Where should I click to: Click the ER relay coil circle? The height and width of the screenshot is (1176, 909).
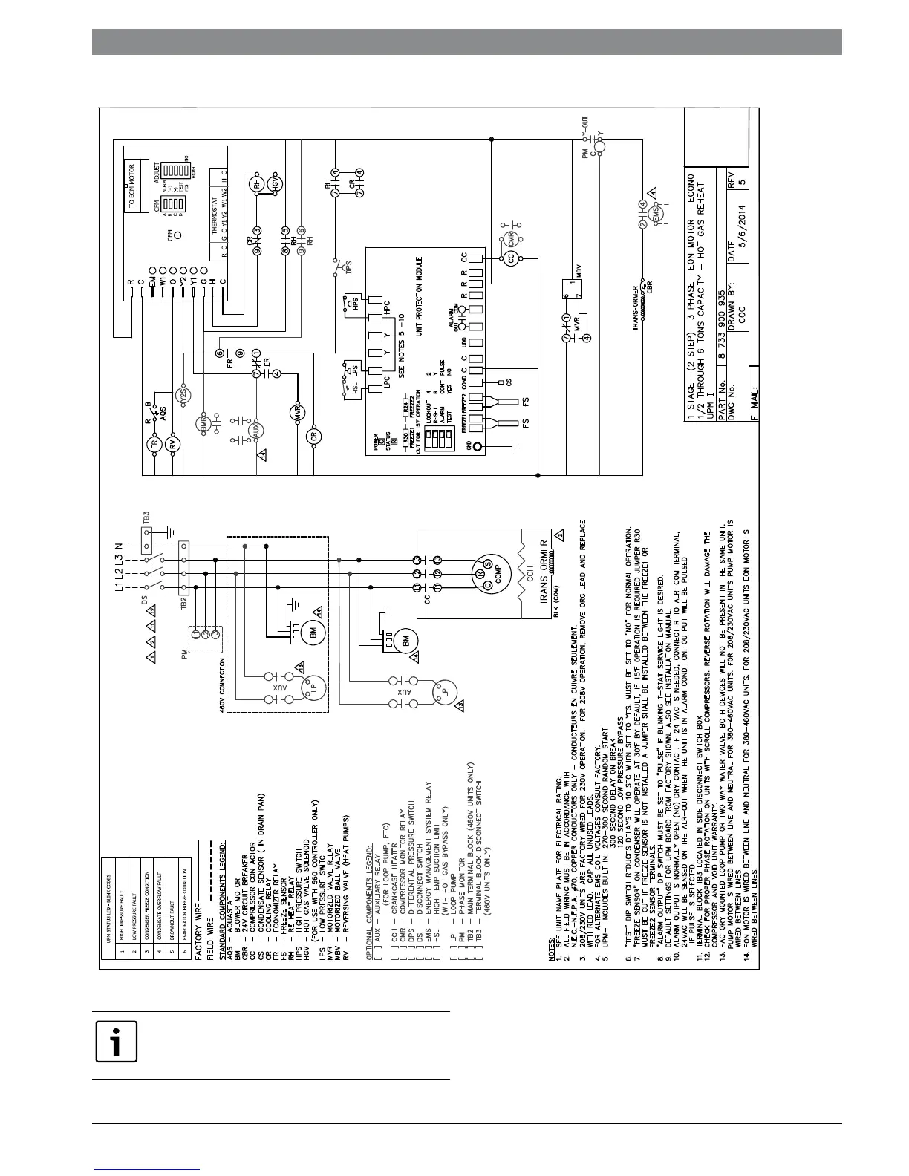155,445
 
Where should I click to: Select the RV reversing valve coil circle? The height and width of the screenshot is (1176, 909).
174,445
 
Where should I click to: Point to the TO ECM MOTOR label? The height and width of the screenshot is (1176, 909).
135,183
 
